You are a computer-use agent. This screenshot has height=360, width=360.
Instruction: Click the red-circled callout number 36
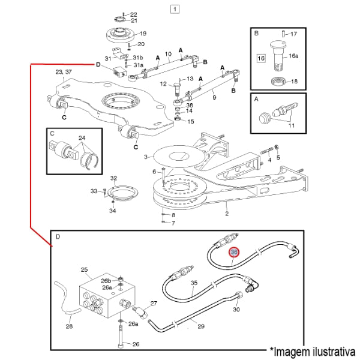(234, 254)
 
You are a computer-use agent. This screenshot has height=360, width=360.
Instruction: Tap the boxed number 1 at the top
(174, 9)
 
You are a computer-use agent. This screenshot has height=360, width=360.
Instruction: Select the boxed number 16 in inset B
(261, 58)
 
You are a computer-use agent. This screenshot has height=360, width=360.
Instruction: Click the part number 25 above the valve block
(84, 271)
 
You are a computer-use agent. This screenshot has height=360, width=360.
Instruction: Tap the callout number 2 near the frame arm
(227, 213)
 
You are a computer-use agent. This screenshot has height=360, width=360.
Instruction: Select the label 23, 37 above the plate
(63, 72)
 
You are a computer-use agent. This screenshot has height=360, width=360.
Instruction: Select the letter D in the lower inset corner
(58, 237)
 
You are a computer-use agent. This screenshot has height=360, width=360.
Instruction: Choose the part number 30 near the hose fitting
(236, 310)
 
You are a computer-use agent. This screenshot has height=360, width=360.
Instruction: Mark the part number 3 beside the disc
(145, 157)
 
